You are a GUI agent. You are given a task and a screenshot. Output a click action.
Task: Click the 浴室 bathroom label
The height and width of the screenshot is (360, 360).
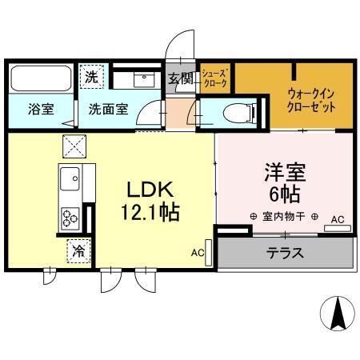42,110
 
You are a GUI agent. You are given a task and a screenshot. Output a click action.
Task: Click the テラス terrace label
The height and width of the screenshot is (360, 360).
285,253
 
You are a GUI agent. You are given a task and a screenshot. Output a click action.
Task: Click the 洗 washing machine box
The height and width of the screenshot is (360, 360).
92,78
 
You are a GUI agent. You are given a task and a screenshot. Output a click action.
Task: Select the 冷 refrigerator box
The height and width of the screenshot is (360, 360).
79,251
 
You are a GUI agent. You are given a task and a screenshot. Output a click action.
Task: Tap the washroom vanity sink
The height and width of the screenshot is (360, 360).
142,78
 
